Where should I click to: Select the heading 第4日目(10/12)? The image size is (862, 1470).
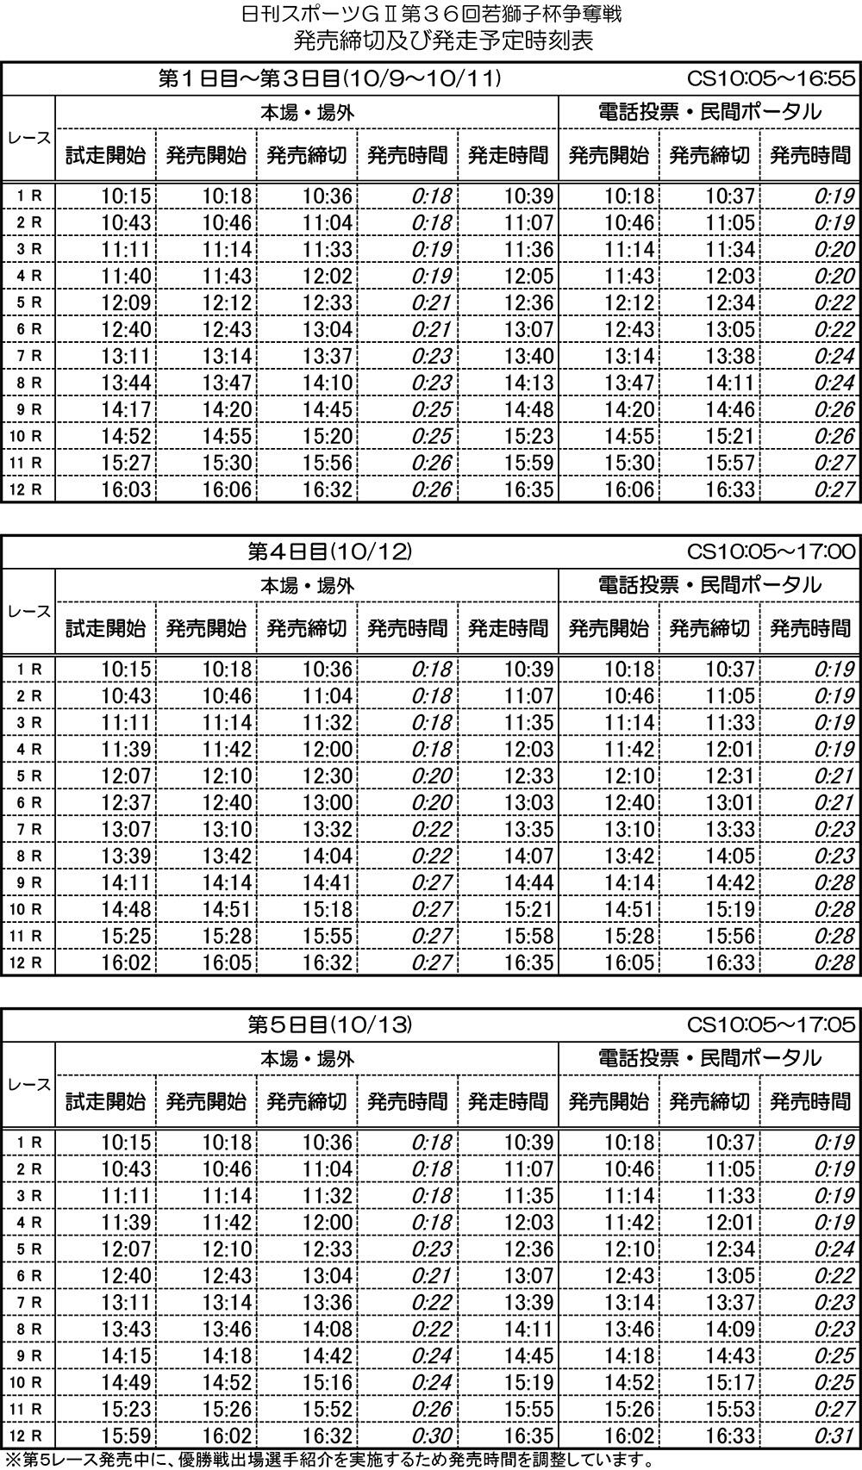(330, 551)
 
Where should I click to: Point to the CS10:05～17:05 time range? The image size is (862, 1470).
(771, 1025)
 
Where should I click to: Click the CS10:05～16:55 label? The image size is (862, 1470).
(771, 78)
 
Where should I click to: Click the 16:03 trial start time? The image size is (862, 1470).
(126, 490)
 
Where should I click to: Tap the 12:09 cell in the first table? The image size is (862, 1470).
(126, 303)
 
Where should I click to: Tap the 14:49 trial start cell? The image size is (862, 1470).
(126, 1383)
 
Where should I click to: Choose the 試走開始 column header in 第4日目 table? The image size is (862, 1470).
(105, 628)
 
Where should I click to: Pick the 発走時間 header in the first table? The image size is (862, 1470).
(508, 155)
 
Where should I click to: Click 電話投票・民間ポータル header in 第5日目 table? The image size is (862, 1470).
(709, 1058)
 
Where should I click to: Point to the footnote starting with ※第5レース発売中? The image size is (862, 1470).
(328, 1461)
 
